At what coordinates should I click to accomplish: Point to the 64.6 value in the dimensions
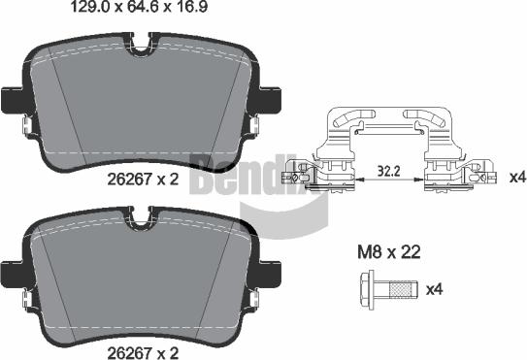coord(142,11)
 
